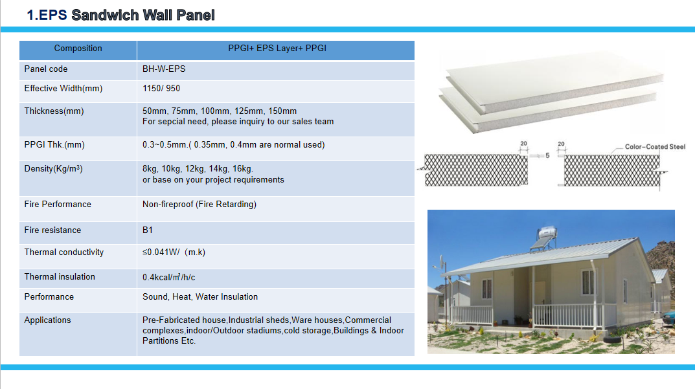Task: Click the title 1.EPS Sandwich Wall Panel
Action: coord(120,15)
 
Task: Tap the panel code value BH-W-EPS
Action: coord(164,69)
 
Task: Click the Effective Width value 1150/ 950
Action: coord(161,89)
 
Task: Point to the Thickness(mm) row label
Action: coord(54,111)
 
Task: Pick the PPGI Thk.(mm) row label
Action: coord(54,145)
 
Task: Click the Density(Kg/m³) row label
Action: coord(54,169)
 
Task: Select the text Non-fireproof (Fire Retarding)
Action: coord(199,205)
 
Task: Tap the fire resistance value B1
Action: coord(148,230)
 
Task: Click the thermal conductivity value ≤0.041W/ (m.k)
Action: coord(174,252)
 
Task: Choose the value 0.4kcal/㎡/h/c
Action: coord(169,278)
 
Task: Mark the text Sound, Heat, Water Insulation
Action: coord(200,297)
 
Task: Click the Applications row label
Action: coord(47,320)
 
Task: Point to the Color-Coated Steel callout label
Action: coord(655,147)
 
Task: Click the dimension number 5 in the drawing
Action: coord(547,155)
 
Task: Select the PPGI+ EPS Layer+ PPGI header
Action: coord(277,49)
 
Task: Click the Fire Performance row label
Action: coord(58,205)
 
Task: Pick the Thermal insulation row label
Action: coord(60,277)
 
